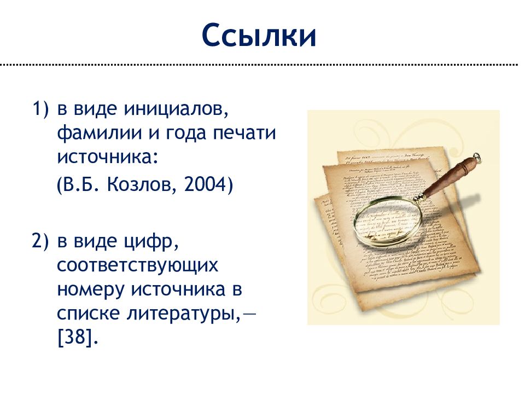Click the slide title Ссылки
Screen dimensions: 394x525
click(259, 36)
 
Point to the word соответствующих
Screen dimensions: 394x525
click(137, 265)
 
